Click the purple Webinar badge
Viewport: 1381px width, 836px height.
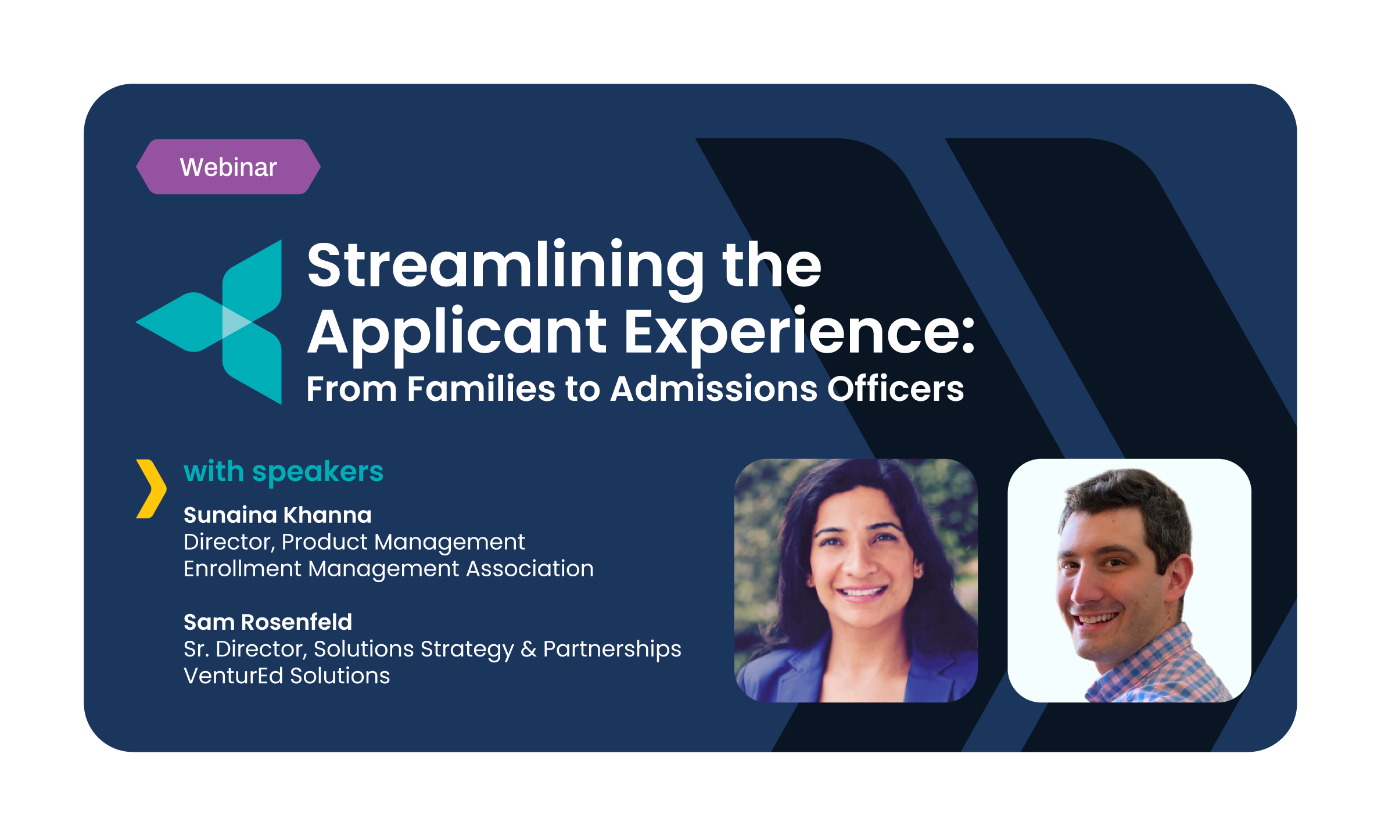(x=228, y=167)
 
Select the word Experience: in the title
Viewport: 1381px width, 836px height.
(x=798, y=332)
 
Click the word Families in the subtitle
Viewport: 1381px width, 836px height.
(x=481, y=389)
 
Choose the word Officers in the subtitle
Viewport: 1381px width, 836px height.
(x=895, y=389)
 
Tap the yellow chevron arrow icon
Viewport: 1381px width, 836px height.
(x=151, y=488)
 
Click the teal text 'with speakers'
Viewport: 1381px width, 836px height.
(x=284, y=471)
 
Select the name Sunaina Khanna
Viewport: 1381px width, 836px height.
(x=277, y=515)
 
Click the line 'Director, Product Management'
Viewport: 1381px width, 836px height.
(x=354, y=542)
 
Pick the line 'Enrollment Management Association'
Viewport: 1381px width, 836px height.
(x=388, y=569)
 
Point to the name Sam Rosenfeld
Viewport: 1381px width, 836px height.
(x=267, y=622)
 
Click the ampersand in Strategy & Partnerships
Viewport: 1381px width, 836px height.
(x=528, y=649)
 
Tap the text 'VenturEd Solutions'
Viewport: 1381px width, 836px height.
(x=286, y=676)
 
